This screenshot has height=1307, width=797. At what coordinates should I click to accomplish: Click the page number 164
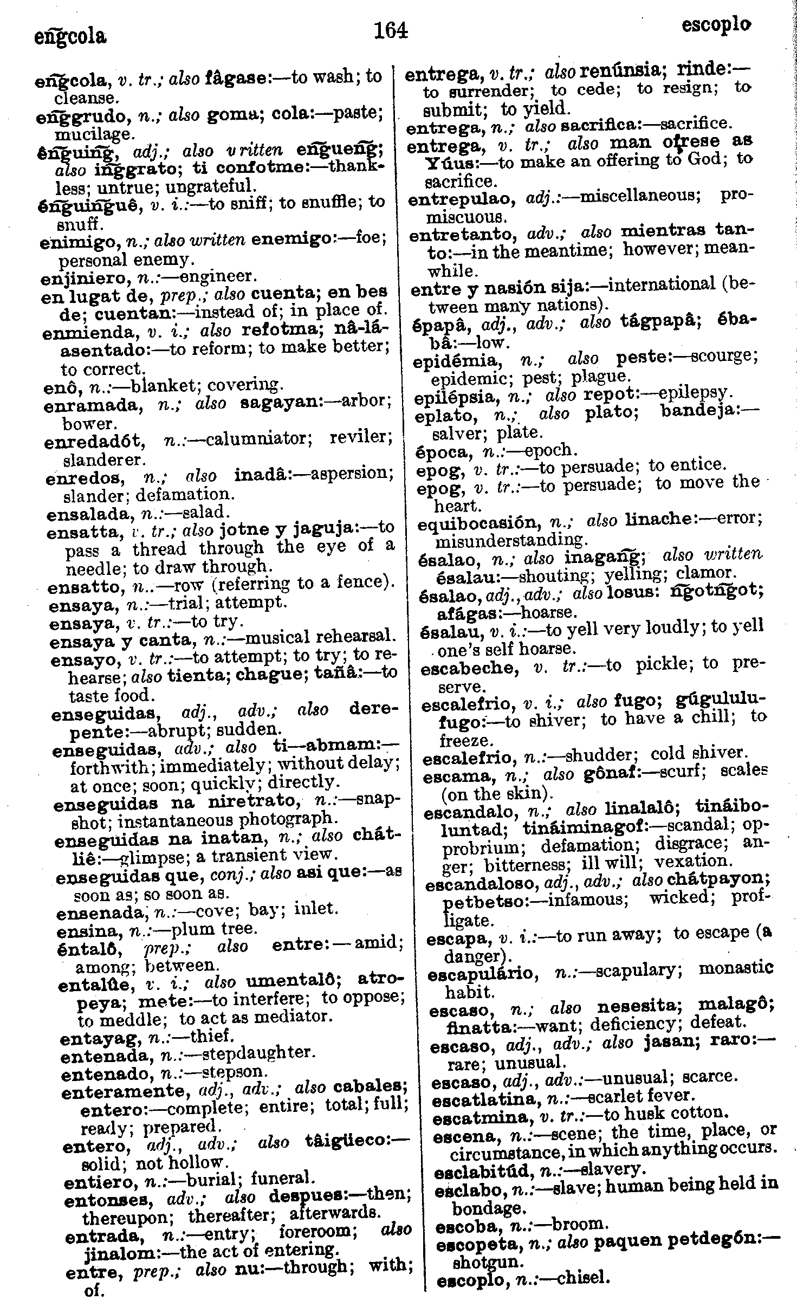391,30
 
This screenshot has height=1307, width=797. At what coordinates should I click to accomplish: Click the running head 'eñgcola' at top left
70,37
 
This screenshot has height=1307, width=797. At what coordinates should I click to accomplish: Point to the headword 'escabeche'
469,669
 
